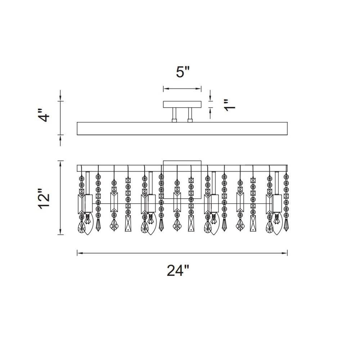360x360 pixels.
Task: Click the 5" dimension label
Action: [183, 72]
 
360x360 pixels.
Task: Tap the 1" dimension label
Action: [229, 105]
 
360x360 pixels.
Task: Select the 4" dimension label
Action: [43, 116]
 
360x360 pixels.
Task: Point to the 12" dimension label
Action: [44, 199]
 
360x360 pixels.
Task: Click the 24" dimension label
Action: [178, 270]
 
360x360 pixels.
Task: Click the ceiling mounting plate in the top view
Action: [182, 104]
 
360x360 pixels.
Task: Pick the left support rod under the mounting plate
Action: [174, 115]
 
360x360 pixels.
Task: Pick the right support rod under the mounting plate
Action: [190, 115]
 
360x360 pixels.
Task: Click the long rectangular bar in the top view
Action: [182, 129]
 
